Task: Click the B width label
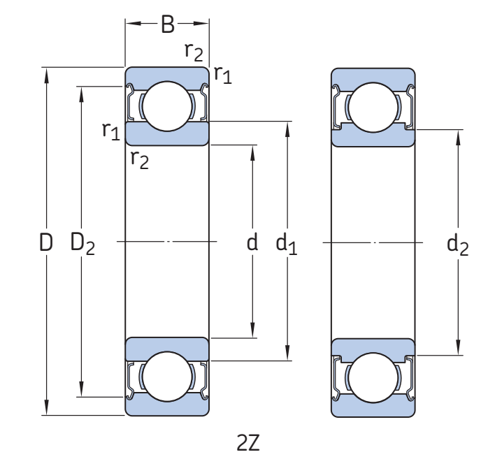[x=167, y=24]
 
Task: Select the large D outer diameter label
[x=46, y=243]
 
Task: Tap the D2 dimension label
[x=82, y=243]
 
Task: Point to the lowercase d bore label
[x=252, y=242]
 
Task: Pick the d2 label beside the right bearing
[x=458, y=244]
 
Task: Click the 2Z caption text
[x=248, y=443]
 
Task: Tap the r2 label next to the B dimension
[x=194, y=50]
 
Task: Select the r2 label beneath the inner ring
[x=140, y=160]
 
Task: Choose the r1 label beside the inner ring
[x=110, y=130]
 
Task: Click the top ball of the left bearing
[x=167, y=106]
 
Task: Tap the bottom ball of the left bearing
[x=167, y=377]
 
